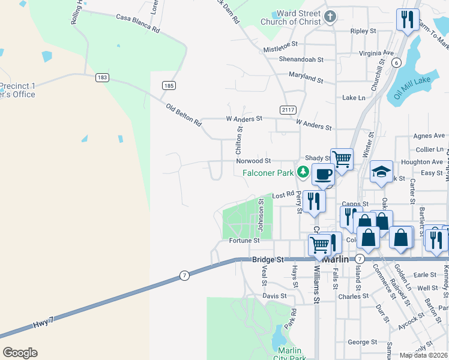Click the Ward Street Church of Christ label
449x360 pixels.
[291, 18]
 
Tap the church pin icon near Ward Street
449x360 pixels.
[330, 16]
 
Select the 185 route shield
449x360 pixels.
[169, 86]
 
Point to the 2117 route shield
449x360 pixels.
[288, 109]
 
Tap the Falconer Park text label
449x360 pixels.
[268, 173]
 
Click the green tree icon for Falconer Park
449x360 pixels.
[304, 173]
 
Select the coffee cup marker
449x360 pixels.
[323, 174]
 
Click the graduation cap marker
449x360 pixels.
[381, 172]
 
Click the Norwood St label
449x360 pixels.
[254, 161]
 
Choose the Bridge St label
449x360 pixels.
[267, 259]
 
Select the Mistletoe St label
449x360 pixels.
[281, 46]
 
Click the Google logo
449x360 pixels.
[20, 353]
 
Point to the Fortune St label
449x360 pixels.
[244, 241]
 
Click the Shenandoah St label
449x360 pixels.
[301, 60]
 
